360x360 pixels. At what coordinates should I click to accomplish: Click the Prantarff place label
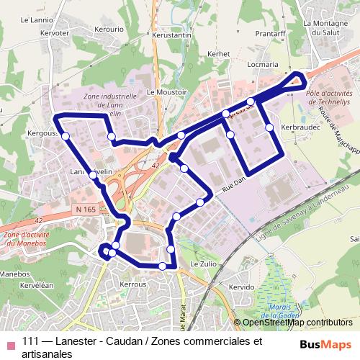point(270,33)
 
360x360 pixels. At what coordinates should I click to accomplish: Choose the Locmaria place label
point(262,64)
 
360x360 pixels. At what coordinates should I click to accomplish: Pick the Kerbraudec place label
point(300,127)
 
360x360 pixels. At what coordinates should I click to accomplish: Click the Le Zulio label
point(203,265)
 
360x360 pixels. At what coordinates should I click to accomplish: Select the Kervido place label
point(241,287)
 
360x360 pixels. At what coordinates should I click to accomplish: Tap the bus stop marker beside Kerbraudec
point(269,127)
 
